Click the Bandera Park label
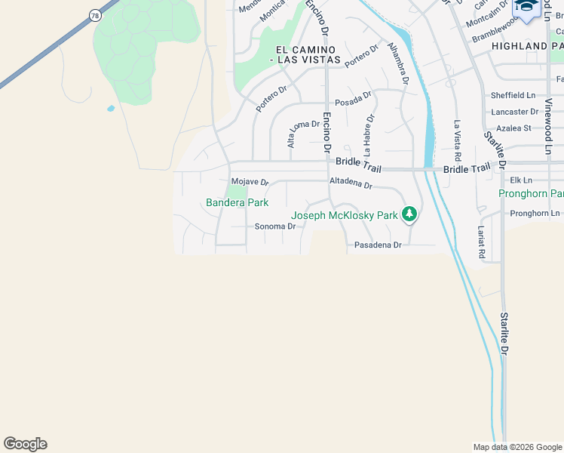(237, 202)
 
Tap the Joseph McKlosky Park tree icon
(409, 215)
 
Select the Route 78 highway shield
(94, 15)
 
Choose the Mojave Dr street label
(250, 182)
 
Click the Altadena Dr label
(351, 183)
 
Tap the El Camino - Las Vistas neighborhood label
(304, 54)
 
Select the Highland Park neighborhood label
(527, 46)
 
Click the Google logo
(25, 444)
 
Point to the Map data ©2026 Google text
(516, 447)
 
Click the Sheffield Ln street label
(513, 96)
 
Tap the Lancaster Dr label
(514, 112)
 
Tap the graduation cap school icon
(527, 8)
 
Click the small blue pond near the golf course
(112, 109)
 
